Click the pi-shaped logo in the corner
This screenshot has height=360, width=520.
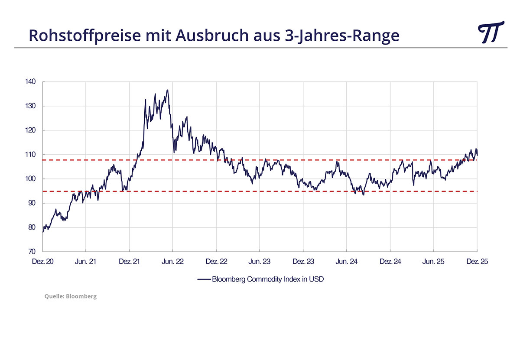click(491, 32)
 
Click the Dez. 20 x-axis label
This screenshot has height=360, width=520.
click(42, 262)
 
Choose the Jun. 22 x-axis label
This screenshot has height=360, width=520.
click(172, 262)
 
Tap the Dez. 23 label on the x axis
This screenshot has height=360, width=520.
click(303, 262)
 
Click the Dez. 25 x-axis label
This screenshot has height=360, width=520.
click(477, 262)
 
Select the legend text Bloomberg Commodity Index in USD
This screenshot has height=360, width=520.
click(268, 279)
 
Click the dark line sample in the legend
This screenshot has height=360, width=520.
click(204, 279)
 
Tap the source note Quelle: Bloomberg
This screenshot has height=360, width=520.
click(71, 296)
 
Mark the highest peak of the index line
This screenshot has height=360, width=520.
click(167, 90)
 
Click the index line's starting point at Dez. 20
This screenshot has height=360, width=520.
click(43, 232)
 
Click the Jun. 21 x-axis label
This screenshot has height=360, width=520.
click(86, 262)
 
